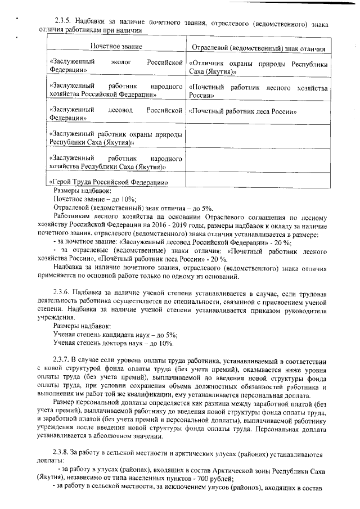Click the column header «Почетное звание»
116,45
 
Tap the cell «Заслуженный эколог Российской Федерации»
116,66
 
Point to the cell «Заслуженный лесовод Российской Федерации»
116,114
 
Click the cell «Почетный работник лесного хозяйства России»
258,92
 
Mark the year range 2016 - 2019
177,225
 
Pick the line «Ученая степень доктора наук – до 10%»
113,343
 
